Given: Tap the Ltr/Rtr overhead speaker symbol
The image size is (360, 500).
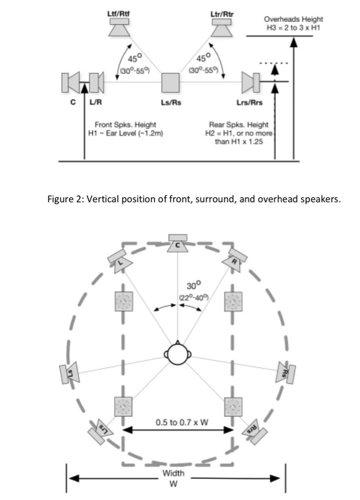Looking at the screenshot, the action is point(222,28).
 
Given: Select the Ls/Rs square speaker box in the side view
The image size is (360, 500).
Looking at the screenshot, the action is point(170,83).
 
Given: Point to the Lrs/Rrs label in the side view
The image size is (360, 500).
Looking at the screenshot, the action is point(249,103).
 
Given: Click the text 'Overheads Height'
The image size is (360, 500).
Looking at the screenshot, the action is point(293,19).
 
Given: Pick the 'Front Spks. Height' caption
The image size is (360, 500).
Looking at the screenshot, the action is point(125,125).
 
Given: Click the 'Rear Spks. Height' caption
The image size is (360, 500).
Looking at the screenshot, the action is point(239,125).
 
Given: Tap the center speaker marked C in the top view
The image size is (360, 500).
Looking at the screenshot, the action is point(178,243).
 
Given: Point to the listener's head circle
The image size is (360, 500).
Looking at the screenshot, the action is point(178,354).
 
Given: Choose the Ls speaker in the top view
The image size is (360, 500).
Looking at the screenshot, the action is point(69,373).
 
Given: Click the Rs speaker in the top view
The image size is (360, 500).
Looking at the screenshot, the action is point(286,373).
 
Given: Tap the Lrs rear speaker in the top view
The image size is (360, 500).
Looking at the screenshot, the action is point(100,431).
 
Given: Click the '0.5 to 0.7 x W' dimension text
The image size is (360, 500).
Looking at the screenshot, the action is point(182,422).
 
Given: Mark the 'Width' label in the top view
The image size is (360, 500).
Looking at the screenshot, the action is point(173,473).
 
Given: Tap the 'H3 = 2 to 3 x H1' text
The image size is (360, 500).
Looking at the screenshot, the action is point(293,28).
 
